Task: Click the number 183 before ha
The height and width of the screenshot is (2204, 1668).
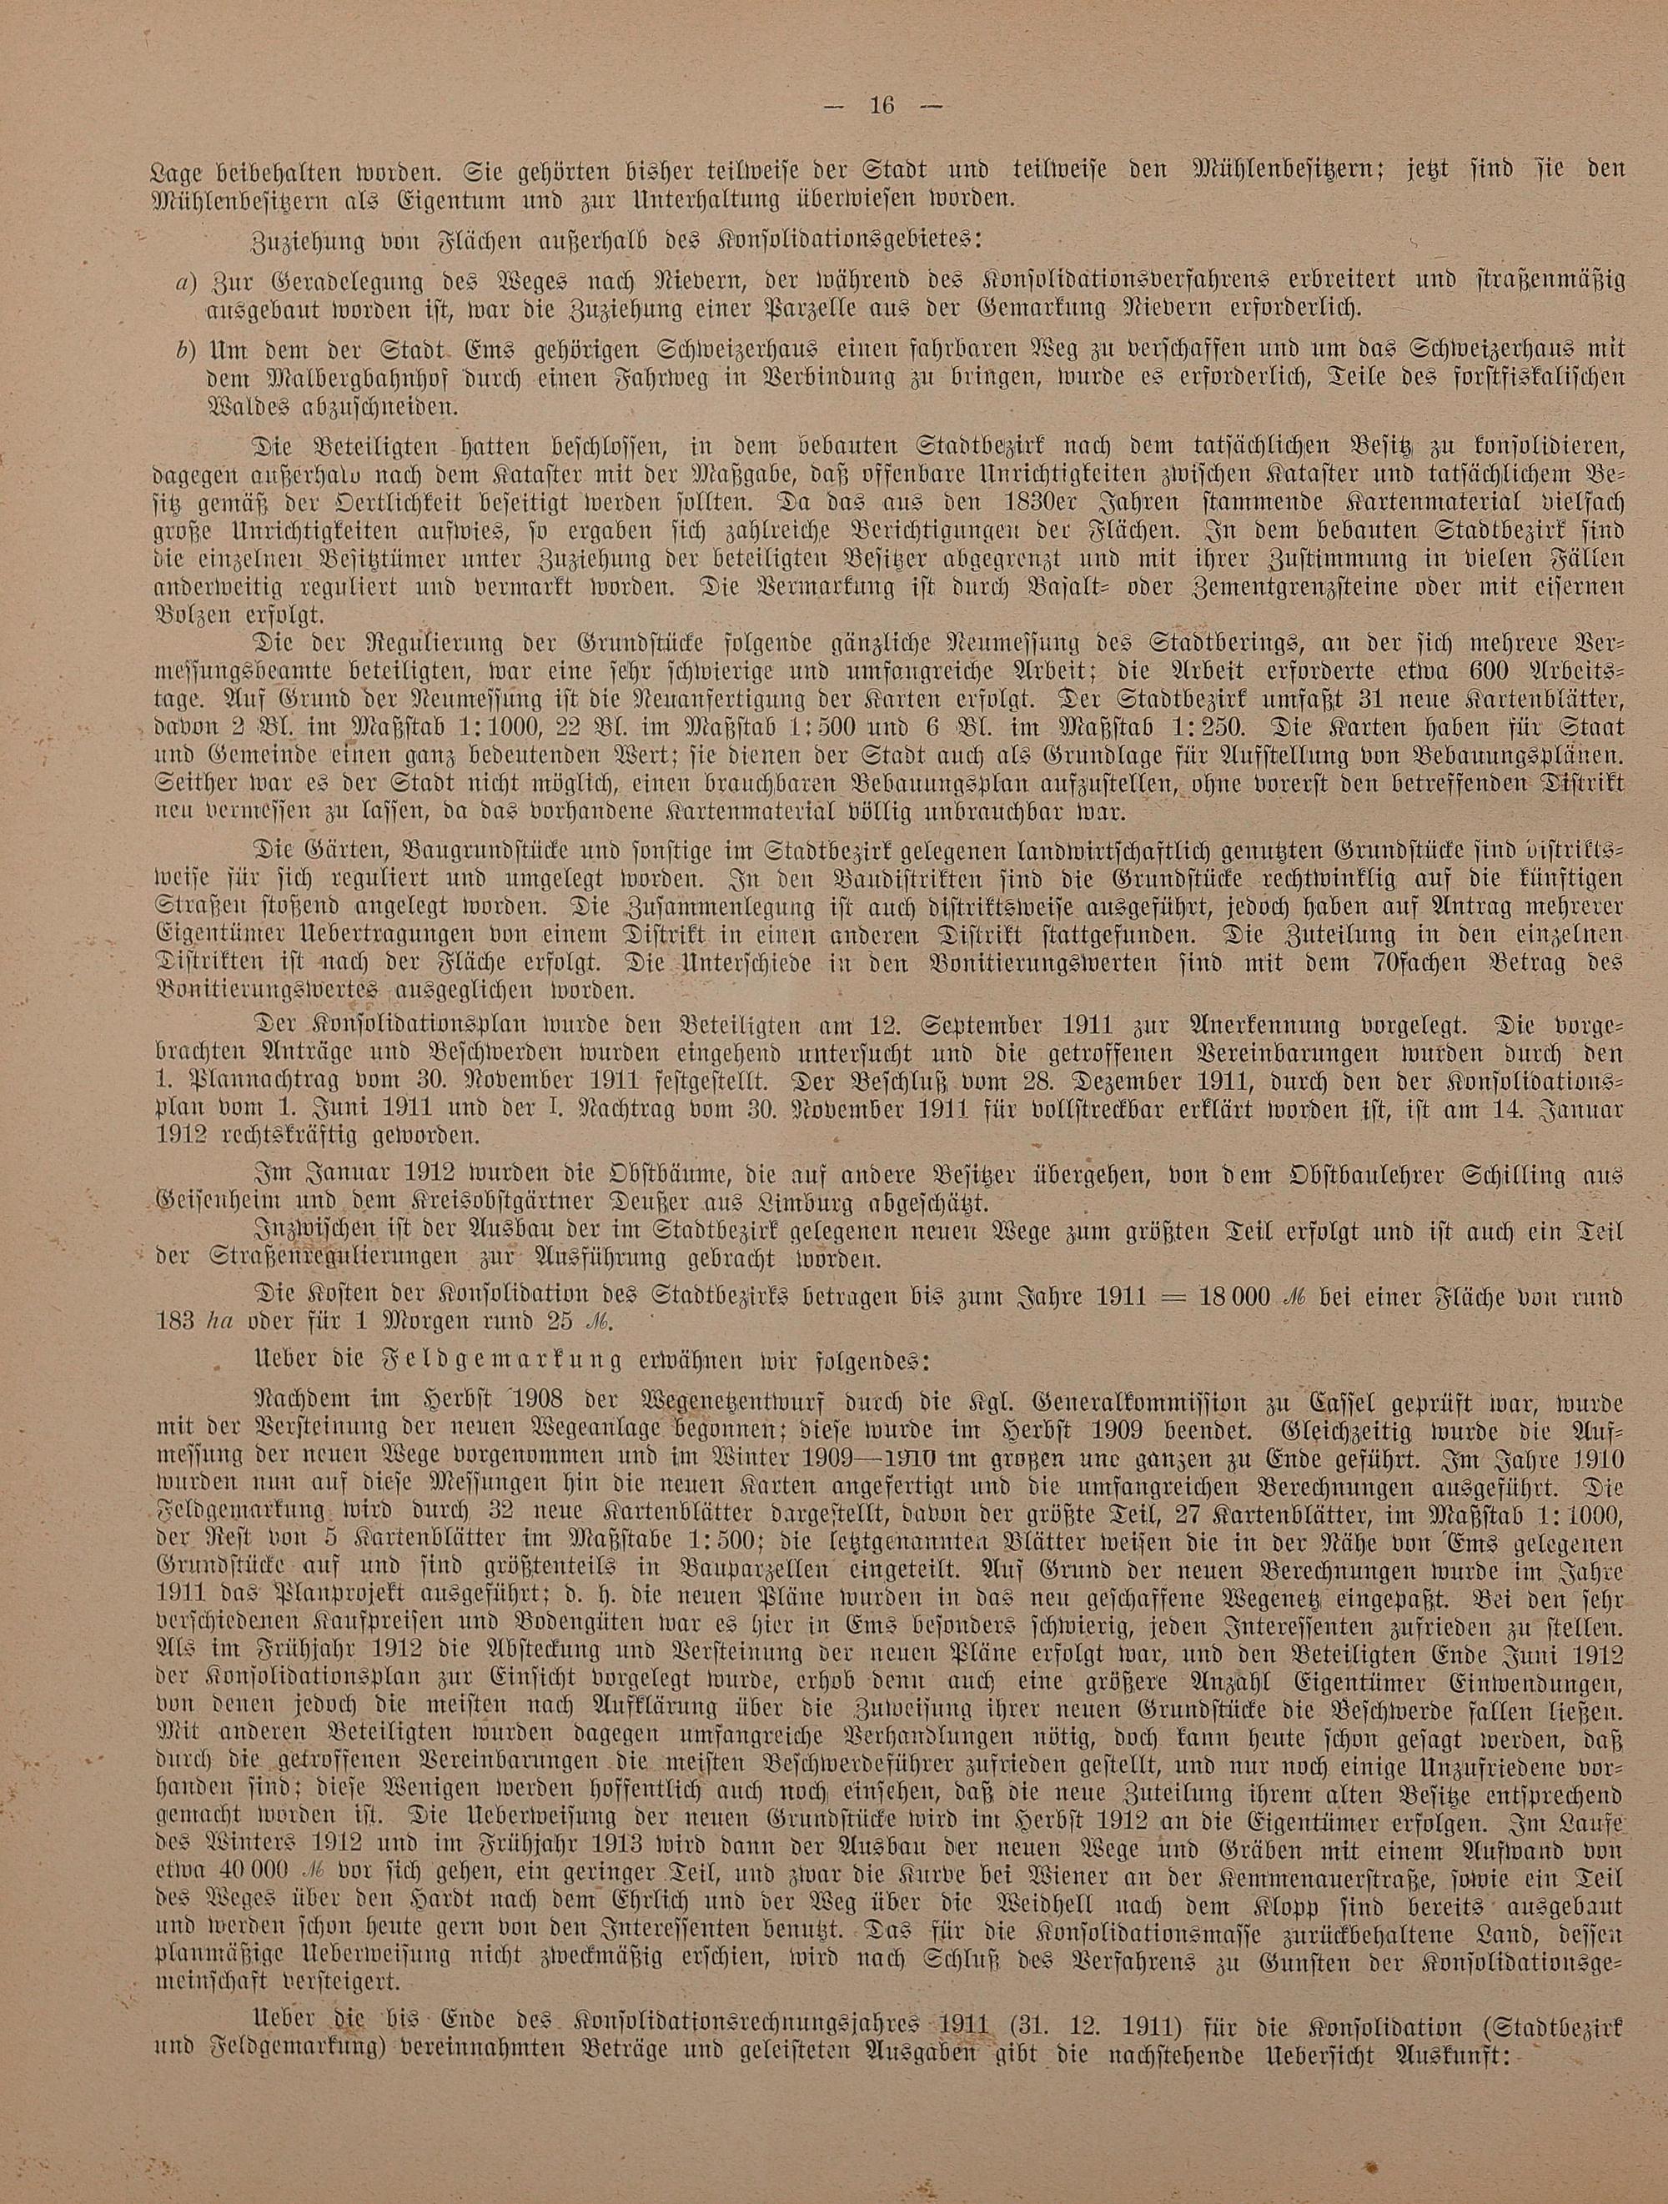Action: point(176,1325)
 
